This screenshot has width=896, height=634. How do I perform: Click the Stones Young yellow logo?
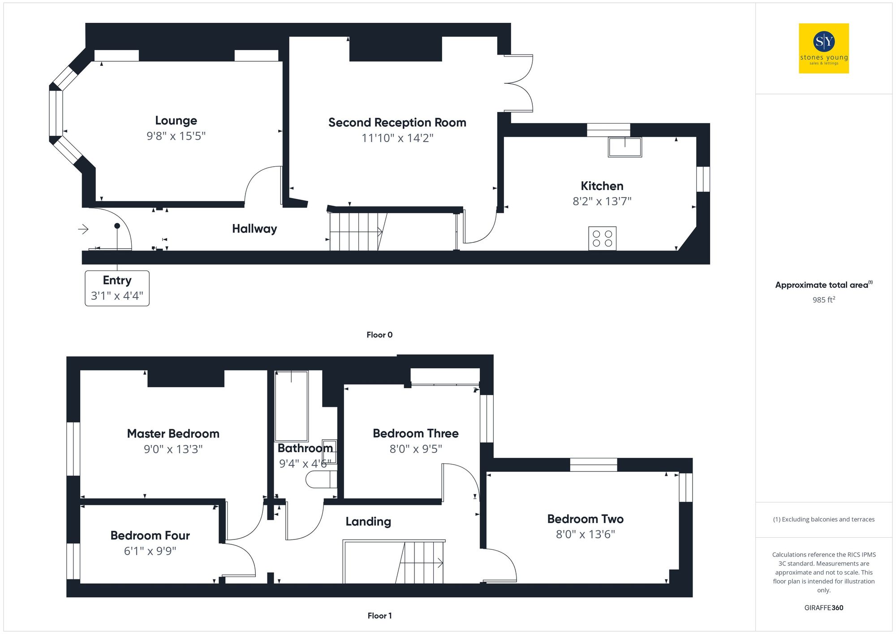(823, 48)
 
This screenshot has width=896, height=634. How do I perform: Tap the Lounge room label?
(176, 121)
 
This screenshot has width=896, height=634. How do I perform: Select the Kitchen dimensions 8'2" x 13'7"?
(602, 201)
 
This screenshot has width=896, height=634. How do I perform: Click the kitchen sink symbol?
(625, 147)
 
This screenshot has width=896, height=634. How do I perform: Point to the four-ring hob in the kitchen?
(602, 238)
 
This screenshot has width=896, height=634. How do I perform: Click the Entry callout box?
(117, 288)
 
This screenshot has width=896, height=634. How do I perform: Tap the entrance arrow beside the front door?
(83, 229)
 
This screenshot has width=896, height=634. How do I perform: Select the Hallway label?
(254, 229)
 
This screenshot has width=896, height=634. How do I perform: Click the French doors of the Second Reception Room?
(520, 83)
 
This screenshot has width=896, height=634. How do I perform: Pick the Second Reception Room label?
(397, 122)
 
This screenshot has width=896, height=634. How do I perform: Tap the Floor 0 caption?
(379, 335)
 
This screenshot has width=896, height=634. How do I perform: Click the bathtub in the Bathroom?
(291, 406)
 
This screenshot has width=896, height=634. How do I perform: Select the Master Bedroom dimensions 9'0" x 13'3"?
(173, 449)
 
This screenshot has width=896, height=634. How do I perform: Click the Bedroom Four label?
(150, 535)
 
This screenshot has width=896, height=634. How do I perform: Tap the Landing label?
(368, 522)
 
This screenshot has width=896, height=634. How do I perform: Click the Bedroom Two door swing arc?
(504, 562)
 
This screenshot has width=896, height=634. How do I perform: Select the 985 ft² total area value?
(823, 300)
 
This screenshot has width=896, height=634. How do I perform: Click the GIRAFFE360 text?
(823, 608)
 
